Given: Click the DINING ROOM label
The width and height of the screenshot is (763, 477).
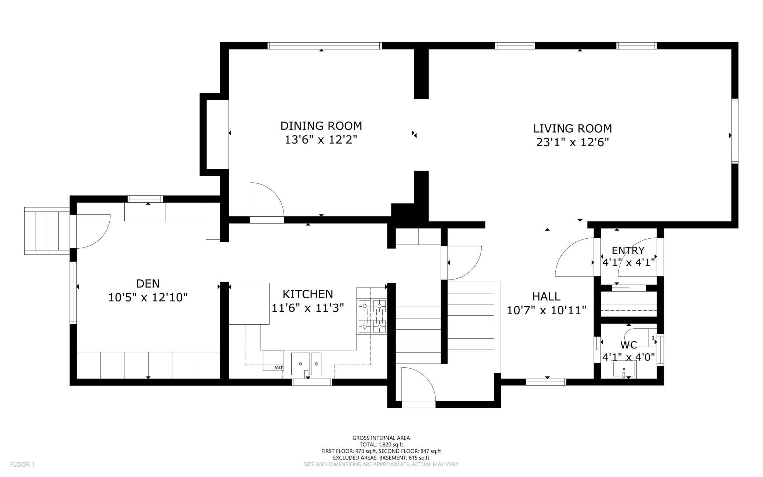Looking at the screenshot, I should click(321, 126).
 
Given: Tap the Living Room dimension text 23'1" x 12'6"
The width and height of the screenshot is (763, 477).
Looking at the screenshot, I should click(572, 142).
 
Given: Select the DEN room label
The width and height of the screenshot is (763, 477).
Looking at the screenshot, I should click(148, 283).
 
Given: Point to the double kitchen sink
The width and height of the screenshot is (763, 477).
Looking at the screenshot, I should click(306, 364).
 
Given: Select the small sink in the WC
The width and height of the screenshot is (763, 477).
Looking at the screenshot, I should click(623, 369).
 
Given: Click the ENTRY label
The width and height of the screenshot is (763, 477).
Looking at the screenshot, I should click(628, 251).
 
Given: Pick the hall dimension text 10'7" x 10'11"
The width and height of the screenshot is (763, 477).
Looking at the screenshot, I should click(546, 311).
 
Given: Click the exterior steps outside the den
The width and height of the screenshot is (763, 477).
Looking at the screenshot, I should click(47, 231).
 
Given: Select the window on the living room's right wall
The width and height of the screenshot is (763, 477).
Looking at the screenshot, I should click(734, 131).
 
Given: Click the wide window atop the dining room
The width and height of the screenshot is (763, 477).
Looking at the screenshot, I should click(325, 46).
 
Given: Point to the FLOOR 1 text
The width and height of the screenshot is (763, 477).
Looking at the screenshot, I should click(22, 465).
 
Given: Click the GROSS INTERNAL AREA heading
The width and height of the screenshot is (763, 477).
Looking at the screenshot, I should click(381, 438).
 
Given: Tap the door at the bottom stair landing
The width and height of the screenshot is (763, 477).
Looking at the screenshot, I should click(418, 389).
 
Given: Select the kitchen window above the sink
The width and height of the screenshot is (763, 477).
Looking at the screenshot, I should click(312, 382).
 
